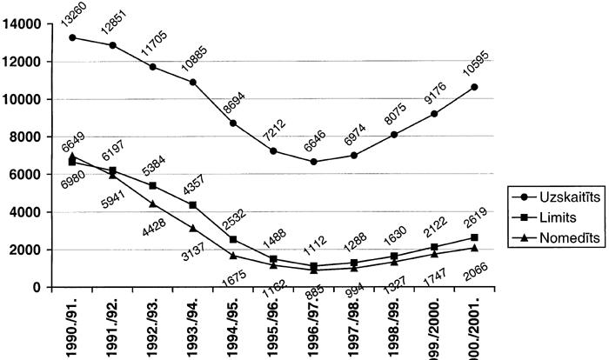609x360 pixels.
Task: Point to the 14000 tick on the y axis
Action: [x=23, y=24]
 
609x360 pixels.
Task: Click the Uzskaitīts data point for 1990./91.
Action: [x=71, y=37]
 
